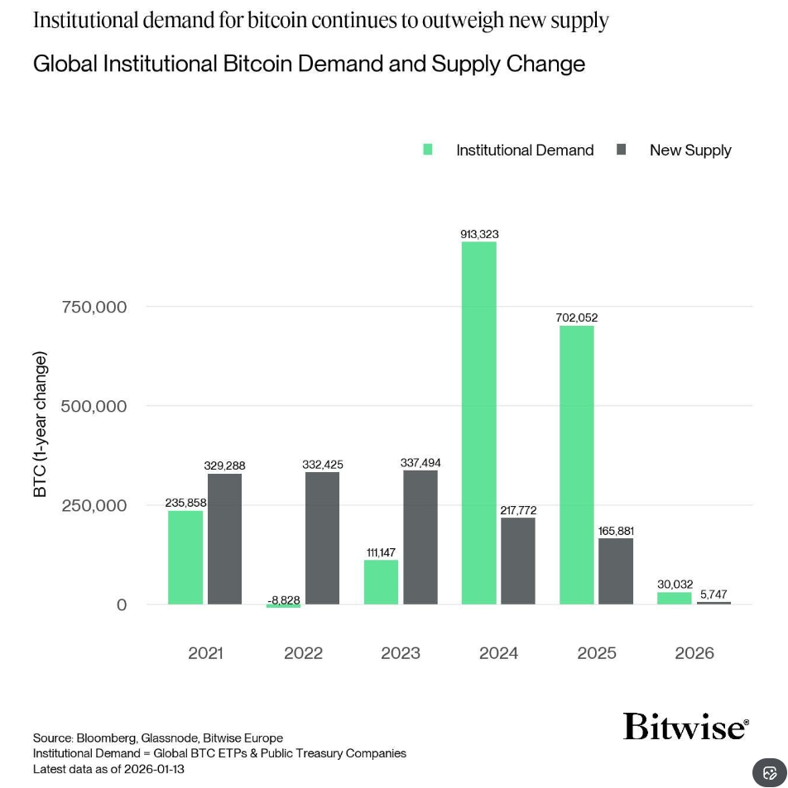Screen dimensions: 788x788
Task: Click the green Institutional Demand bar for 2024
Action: pyautogui.click(x=479, y=423)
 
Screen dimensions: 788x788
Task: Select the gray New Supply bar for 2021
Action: pyautogui.click(x=224, y=538)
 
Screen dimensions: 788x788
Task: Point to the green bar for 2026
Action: pyautogui.click(x=675, y=598)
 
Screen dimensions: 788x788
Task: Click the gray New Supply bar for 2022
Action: pyautogui.click(x=322, y=537)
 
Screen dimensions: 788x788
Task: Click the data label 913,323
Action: pyautogui.click(x=479, y=234)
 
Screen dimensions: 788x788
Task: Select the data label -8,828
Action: pyautogui.click(x=284, y=599)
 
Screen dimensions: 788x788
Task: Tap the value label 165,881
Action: pyautogui.click(x=616, y=531)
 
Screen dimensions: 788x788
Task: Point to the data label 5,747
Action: pyautogui.click(x=714, y=594)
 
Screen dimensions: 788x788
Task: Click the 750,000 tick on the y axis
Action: pyautogui.click(x=94, y=307)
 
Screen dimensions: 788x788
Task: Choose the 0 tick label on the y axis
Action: pyautogui.click(x=122, y=604)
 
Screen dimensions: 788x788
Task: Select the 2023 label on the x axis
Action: pyautogui.click(x=401, y=653)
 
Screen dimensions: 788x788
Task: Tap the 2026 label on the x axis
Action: pyautogui.click(x=694, y=653)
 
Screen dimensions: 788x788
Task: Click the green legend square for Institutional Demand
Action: pyautogui.click(x=428, y=150)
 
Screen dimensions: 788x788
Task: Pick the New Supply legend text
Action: pyautogui.click(x=690, y=150)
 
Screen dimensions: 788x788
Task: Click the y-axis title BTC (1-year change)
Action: pyautogui.click(x=41, y=424)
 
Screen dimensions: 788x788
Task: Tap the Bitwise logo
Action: pyautogui.click(x=685, y=726)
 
